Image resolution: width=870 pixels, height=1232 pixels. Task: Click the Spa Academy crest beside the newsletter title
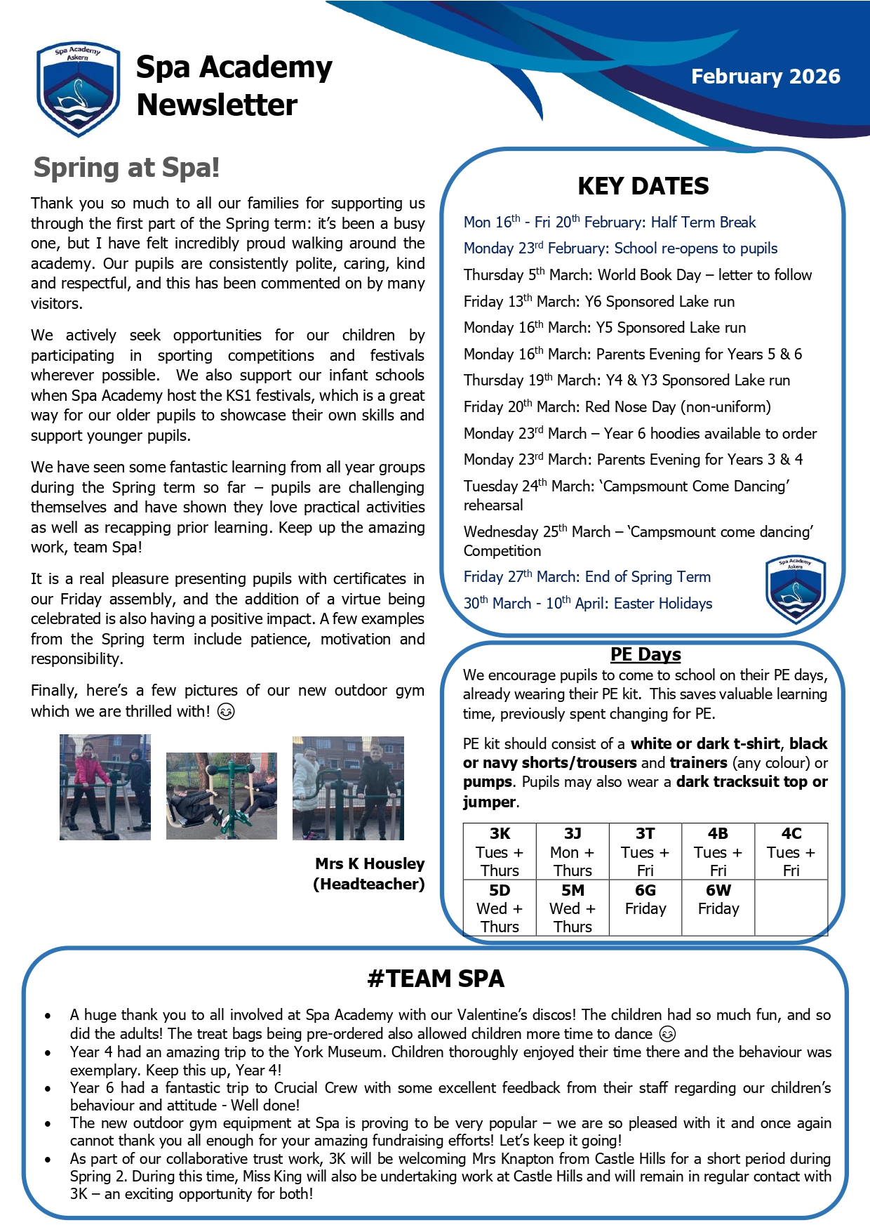coord(78,88)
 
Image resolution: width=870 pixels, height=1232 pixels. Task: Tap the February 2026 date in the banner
coord(765,77)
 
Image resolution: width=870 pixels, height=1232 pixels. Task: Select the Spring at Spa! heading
coord(126,168)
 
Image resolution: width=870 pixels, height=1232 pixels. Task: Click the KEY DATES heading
coord(643,186)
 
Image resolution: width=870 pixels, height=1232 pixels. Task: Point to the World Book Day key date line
coord(637,275)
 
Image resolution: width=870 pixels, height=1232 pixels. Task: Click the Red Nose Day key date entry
coord(617,407)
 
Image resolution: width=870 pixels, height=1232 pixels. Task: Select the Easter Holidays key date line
coord(587,604)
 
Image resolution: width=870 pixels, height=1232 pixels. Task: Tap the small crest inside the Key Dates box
coord(795,590)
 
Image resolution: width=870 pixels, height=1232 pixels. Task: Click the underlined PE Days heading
coord(645,654)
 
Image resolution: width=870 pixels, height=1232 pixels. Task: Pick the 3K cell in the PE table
coord(500,852)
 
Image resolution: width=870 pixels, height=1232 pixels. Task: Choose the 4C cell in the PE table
coord(791,852)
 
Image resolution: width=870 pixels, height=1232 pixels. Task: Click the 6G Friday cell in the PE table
coord(645,900)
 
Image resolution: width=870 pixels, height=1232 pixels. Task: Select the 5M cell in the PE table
coord(573,908)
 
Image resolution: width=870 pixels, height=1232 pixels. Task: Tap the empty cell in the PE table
coord(791,908)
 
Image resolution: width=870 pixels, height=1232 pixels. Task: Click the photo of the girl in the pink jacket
coord(105,787)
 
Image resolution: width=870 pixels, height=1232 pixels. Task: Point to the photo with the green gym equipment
coord(222,795)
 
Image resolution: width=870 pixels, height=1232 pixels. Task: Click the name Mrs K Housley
coord(370,863)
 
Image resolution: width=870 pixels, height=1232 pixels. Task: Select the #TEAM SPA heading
coord(436,979)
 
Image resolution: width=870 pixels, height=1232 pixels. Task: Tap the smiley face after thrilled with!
coord(226,712)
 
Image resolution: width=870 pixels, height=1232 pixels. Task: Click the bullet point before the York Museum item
coord(48,1053)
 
